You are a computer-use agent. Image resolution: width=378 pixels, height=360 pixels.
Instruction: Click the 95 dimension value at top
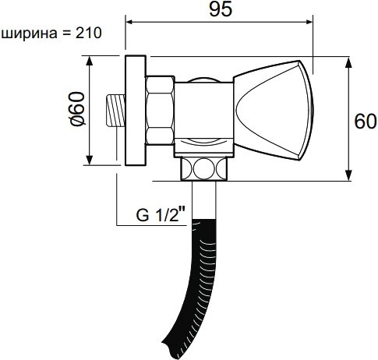click(221, 10)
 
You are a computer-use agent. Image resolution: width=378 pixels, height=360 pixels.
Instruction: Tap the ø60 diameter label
click(76, 109)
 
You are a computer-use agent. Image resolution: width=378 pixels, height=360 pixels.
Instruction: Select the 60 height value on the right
click(365, 122)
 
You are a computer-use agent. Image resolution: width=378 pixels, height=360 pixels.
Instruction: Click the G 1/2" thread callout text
click(161, 215)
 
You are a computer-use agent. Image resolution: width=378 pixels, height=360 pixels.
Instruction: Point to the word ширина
click(30, 34)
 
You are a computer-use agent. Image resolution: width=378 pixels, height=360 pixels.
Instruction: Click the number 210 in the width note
click(88, 34)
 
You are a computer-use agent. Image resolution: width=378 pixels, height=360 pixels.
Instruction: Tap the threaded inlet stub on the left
click(115, 111)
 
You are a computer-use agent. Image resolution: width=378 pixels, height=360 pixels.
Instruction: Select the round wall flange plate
click(135, 111)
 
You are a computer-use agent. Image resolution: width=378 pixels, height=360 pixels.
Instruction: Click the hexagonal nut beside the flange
click(160, 111)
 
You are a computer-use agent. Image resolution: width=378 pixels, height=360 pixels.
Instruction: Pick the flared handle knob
click(274, 110)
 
